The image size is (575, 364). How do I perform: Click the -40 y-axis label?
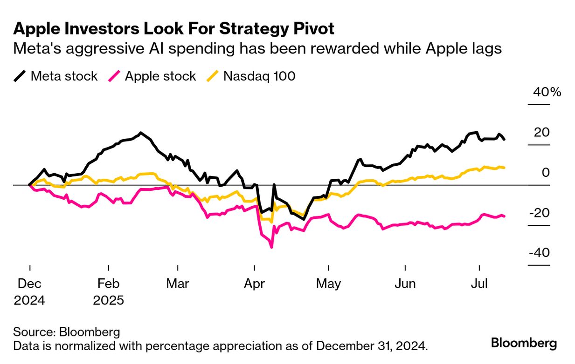pos(539,253)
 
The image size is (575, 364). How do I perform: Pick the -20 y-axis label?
pos(539,213)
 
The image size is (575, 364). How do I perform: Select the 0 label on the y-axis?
pos(546,173)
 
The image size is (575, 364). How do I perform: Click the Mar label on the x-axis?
pos(178,283)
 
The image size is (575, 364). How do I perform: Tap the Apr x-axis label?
pos(255,283)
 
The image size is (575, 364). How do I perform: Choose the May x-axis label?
pos(329,283)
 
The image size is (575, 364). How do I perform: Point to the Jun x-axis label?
pos(405,283)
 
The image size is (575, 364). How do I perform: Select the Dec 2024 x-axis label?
pos(29,291)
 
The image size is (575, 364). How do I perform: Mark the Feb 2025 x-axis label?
pos(109,291)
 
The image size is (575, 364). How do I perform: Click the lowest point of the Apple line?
pos(271,247)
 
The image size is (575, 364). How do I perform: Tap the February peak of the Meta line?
pos(141,133)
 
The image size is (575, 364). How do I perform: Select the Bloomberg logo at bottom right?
pos(524,344)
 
